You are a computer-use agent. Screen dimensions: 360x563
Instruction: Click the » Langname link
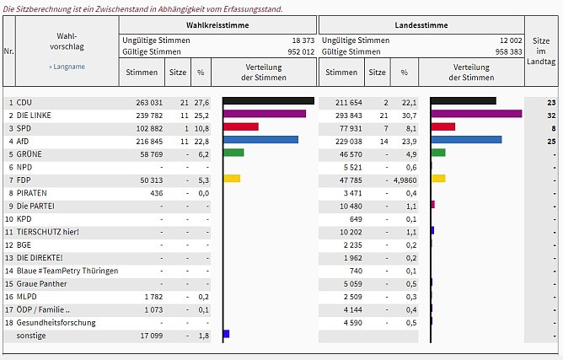(67, 66)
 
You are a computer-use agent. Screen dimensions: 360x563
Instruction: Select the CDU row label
(25, 101)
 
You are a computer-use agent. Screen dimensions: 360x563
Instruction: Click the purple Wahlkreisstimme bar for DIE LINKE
(264, 114)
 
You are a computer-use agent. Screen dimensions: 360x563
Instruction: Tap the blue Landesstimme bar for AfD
(465, 140)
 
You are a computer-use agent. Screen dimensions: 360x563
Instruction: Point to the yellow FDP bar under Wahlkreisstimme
(231, 179)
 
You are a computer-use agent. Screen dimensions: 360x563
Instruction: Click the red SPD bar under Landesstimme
(442, 127)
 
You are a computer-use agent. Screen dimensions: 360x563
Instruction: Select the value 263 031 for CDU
(141, 101)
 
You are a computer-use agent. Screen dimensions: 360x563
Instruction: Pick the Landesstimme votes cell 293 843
(342, 114)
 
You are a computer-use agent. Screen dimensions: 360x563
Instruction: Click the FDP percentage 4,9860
(405, 179)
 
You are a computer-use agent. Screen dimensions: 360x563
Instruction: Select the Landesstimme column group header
(421, 25)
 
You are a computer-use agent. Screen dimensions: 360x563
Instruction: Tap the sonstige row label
(32, 335)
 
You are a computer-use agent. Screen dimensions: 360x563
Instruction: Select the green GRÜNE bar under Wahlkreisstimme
(233, 153)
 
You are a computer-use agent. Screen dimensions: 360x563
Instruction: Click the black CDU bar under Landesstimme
(463, 101)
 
